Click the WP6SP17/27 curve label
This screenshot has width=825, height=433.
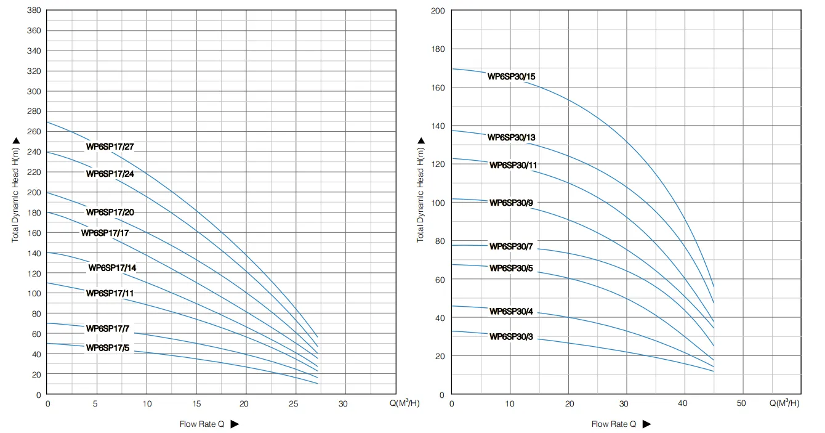(110, 147)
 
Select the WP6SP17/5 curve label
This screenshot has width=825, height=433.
(108, 348)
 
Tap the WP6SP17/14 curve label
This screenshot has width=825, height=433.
(113, 268)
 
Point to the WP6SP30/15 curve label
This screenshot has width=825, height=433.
(511, 76)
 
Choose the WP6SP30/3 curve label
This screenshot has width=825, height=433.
(511, 337)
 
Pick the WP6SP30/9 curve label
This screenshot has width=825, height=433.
(511, 203)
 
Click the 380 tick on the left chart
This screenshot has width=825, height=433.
(34, 10)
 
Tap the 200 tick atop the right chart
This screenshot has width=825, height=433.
(438, 10)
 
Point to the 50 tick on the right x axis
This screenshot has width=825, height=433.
(741, 403)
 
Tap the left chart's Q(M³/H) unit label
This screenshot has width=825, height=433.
(404, 403)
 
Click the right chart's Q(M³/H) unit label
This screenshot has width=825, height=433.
(784, 403)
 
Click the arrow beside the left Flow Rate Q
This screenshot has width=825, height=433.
(235, 424)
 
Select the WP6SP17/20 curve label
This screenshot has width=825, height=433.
(110, 212)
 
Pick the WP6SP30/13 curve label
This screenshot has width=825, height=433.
(511, 137)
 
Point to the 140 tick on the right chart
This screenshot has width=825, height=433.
(438, 126)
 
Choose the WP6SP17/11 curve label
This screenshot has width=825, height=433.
(110, 293)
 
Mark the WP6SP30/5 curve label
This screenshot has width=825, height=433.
(511, 269)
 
